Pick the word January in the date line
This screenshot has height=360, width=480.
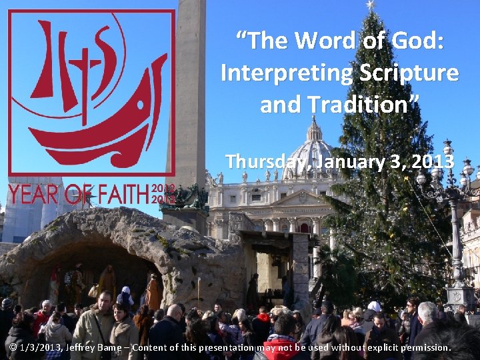point(351,162)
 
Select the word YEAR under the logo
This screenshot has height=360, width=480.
point(34,194)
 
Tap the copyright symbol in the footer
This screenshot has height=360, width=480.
point(13,347)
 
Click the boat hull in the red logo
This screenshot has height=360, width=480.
point(100,133)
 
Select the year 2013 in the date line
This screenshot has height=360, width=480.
point(436,162)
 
